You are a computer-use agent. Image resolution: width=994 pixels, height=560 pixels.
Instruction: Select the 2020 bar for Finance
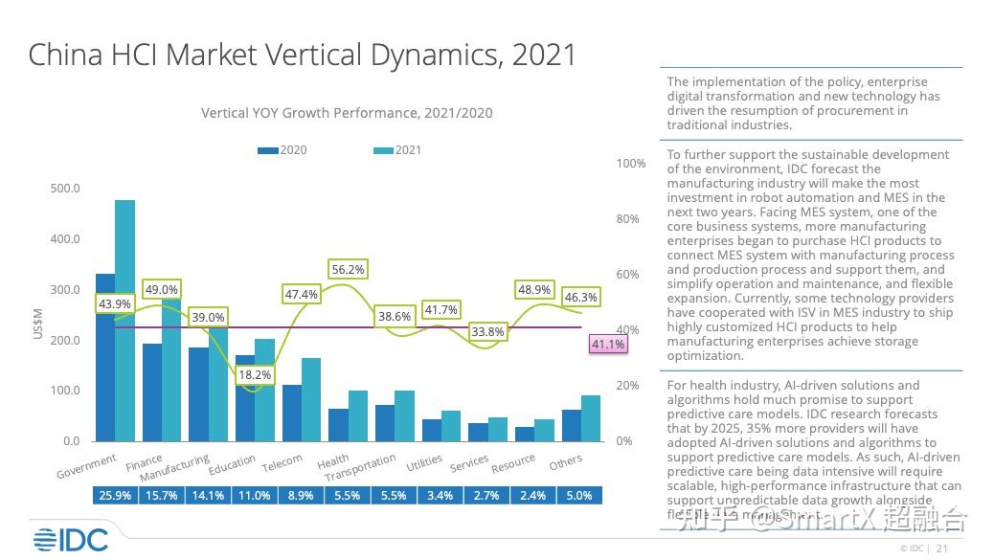tap(152, 392)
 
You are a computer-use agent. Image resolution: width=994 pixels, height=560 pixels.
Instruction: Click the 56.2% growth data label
tap(348, 270)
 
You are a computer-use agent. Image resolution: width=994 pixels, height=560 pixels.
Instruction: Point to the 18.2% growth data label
tap(256, 375)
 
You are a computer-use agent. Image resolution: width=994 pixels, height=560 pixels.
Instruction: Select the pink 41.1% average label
tap(608, 344)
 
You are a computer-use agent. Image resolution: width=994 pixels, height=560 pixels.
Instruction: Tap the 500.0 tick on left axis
tap(66, 189)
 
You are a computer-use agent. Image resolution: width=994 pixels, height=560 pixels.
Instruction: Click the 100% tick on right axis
tap(631, 164)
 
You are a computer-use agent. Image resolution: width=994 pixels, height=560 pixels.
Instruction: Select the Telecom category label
tap(282, 464)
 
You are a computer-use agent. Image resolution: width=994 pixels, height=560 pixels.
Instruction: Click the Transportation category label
tap(360, 469)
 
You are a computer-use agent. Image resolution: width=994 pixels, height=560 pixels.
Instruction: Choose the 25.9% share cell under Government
tap(115, 496)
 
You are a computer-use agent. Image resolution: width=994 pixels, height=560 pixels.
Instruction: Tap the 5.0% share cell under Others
tap(580, 496)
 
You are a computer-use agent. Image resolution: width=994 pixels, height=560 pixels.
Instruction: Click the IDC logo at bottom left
tap(70, 540)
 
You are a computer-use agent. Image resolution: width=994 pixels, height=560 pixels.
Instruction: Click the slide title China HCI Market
tap(303, 55)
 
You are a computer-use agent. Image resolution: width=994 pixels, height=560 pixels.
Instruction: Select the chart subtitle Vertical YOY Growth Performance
tap(347, 113)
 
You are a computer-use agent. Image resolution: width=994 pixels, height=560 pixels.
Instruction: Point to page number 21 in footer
tap(941, 549)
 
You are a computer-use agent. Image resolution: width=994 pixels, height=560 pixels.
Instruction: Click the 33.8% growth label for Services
tap(487, 332)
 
